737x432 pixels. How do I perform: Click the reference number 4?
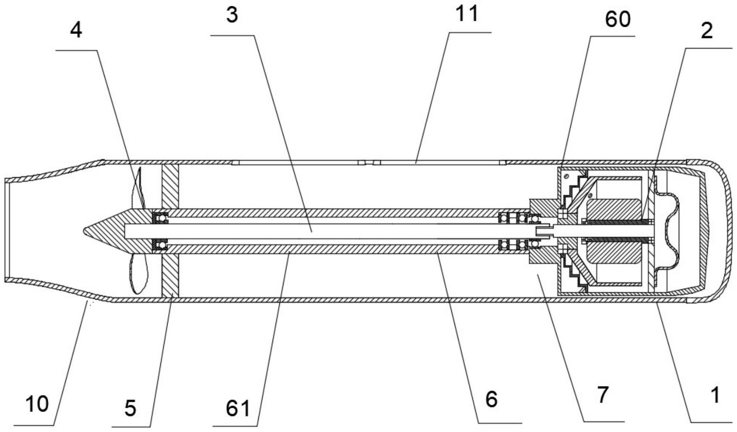(76, 30)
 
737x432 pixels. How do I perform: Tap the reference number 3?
(232, 15)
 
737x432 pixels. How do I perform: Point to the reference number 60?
(618, 19)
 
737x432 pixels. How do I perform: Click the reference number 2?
(707, 31)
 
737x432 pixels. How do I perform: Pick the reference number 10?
(37, 404)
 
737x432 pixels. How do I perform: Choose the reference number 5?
(130, 408)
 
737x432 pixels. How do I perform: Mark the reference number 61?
(237, 408)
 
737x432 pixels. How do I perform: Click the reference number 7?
(603, 394)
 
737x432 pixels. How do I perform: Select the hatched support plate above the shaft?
(170, 186)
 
